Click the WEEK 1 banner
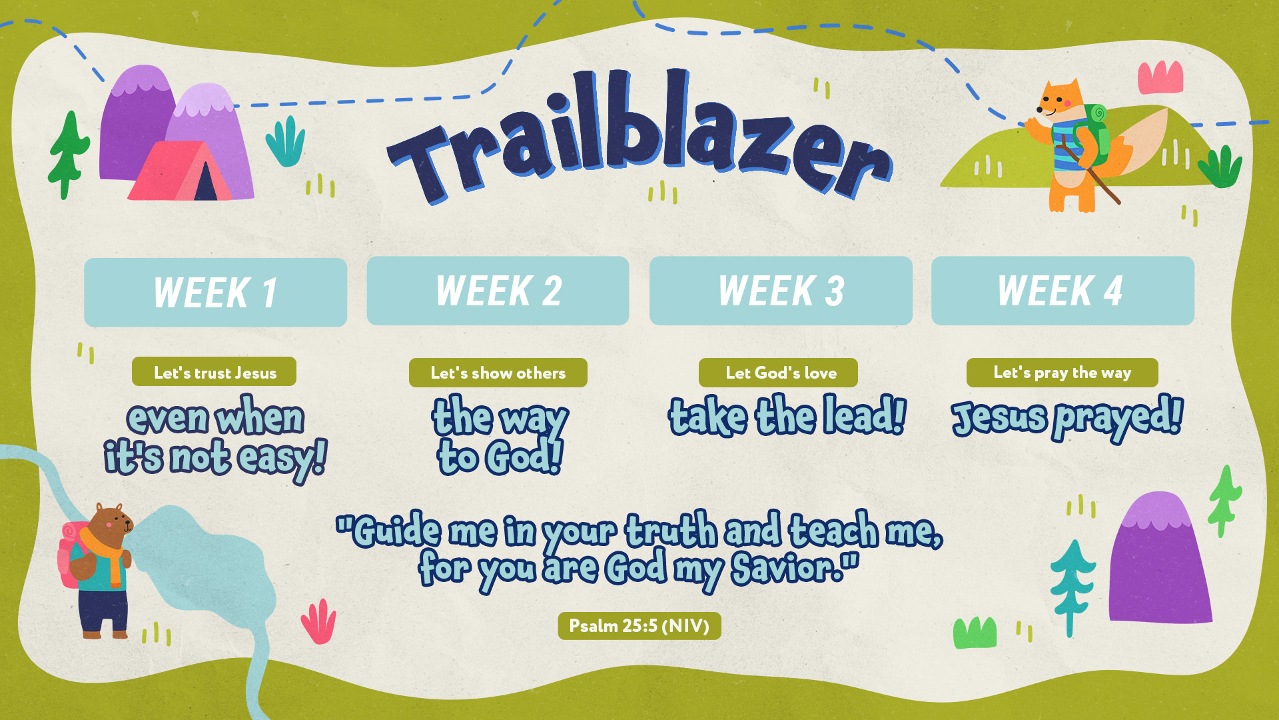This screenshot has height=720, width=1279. click(x=215, y=292)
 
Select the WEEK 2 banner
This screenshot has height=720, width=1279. click(x=498, y=291)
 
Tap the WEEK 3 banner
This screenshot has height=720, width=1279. click(x=781, y=291)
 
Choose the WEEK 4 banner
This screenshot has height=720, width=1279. click(x=1063, y=291)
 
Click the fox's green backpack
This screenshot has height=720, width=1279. click(x=1096, y=133)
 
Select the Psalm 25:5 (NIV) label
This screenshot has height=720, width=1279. click(x=639, y=626)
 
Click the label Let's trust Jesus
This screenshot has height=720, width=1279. click(x=214, y=372)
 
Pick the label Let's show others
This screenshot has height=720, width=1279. click(x=498, y=373)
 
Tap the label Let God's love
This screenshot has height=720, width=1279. click(x=778, y=373)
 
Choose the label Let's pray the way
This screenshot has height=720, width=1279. click(x=1062, y=372)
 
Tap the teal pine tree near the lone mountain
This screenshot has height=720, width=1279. click(x=1070, y=587)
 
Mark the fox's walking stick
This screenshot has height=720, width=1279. click(x=1092, y=173)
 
